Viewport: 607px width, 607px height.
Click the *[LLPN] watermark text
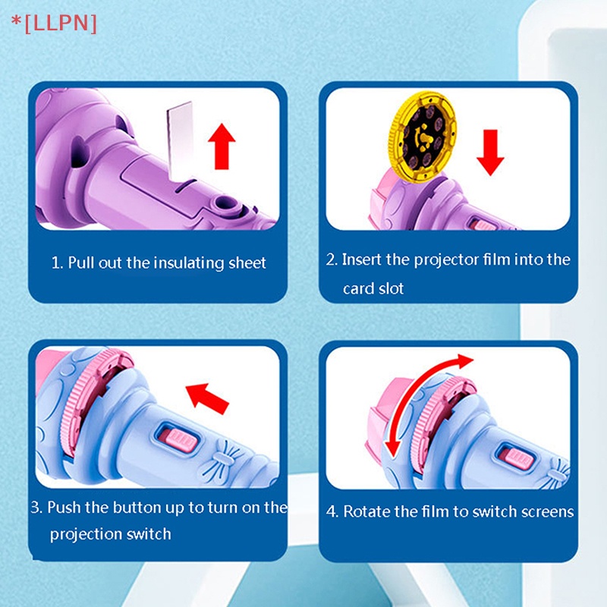point(53,23)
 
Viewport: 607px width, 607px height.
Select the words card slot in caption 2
point(373,289)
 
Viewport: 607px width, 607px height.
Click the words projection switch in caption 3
point(111,534)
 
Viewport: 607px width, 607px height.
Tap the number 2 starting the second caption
point(331,259)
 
